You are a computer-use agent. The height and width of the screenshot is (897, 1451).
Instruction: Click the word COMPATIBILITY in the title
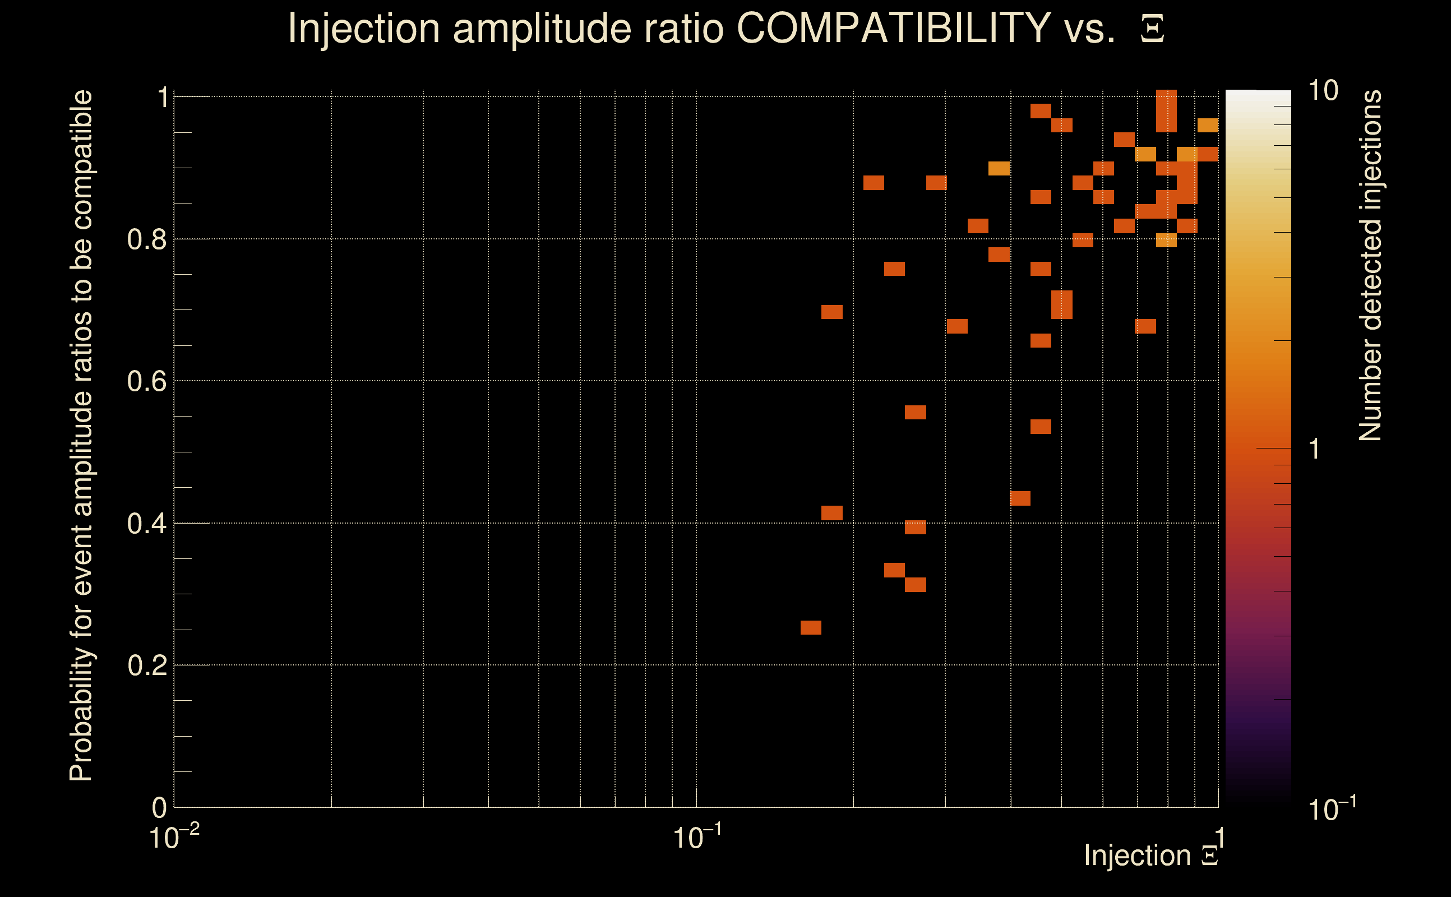click(893, 28)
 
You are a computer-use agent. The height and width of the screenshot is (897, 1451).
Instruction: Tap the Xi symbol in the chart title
click(1152, 29)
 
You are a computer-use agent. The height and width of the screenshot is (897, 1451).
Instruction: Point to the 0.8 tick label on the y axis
click(146, 240)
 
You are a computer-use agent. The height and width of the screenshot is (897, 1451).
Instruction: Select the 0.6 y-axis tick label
click(146, 381)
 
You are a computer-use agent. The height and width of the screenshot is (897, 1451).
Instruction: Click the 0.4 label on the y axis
click(146, 524)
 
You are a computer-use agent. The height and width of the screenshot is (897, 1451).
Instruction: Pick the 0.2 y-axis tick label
click(146, 665)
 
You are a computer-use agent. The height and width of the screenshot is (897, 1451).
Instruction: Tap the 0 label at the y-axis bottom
click(160, 807)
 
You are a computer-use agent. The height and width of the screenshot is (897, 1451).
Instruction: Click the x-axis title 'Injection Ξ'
click(1150, 856)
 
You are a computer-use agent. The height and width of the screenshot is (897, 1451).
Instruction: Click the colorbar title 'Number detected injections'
click(1370, 265)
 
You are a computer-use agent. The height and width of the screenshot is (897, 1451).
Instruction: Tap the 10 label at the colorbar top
click(1323, 91)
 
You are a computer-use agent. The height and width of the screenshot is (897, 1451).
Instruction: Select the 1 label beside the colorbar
click(1315, 449)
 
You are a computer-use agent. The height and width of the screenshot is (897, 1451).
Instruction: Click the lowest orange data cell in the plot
click(811, 628)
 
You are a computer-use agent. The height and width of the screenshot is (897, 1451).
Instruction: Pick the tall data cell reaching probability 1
click(1166, 111)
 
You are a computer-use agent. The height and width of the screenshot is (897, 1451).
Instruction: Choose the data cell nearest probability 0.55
click(916, 412)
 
